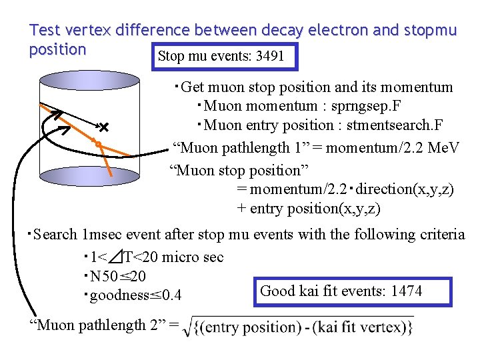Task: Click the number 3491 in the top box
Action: pos(270,57)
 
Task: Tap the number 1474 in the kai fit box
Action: pos(407,291)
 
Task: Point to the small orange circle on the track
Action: pos(98,144)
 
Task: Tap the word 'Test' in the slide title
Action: pos(45,30)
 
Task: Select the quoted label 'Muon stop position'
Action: pos(237,170)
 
